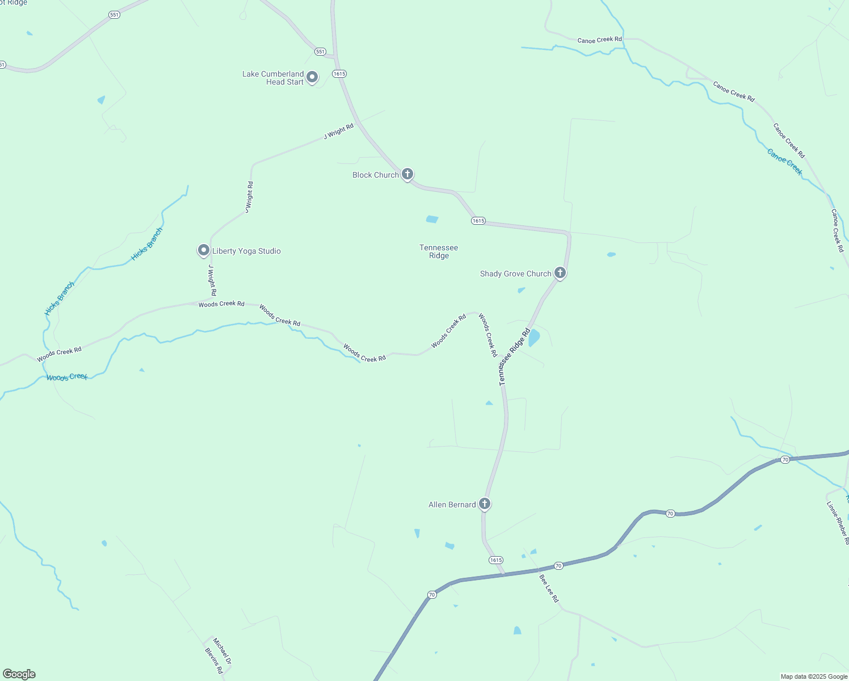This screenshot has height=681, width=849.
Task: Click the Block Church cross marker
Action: pyautogui.click(x=407, y=174)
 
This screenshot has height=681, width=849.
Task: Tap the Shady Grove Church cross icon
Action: pyautogui.click(x=560, y=273)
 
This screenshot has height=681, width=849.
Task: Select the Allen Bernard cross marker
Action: pyautogui.click(x=484, y=503)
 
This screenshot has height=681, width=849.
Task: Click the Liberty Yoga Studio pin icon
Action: pyautogui.click(x=204, y=250)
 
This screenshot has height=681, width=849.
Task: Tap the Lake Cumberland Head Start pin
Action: pyautogui.click(x=312, y=77)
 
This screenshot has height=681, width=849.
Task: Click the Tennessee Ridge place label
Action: pyautogui.click(x=439, y=251)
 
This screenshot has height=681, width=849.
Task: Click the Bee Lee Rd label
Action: pyautogui.click(x=549, y=588)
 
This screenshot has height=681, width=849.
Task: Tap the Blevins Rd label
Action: pyautogui.click(x=214, y=661)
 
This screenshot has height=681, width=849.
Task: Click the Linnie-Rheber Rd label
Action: pyautogui.click(x=838, y=523)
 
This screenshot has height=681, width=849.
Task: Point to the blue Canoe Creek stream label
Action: pyautogui.click(x=785, y=162)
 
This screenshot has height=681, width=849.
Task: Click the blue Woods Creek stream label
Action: pyautogui.click(x=67, y=377)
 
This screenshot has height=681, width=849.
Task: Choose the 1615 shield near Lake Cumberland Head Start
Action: pyautogui.click(x=339, y=74)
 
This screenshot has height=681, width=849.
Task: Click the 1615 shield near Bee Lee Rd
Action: pyautogui.click(x=496, y=560)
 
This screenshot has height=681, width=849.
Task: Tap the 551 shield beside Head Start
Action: pyautogui.click(x=320, y=52)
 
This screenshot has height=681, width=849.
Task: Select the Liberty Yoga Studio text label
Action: pyautogui.click(x=246, y=251)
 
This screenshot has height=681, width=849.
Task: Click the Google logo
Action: pyautogui.click(x=19, y=674)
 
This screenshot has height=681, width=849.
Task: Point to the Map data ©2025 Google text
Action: pyautogui.click(x=814, y=676)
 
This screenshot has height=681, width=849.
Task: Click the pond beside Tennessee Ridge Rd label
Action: pyautogui.click(x=534, y=338)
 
